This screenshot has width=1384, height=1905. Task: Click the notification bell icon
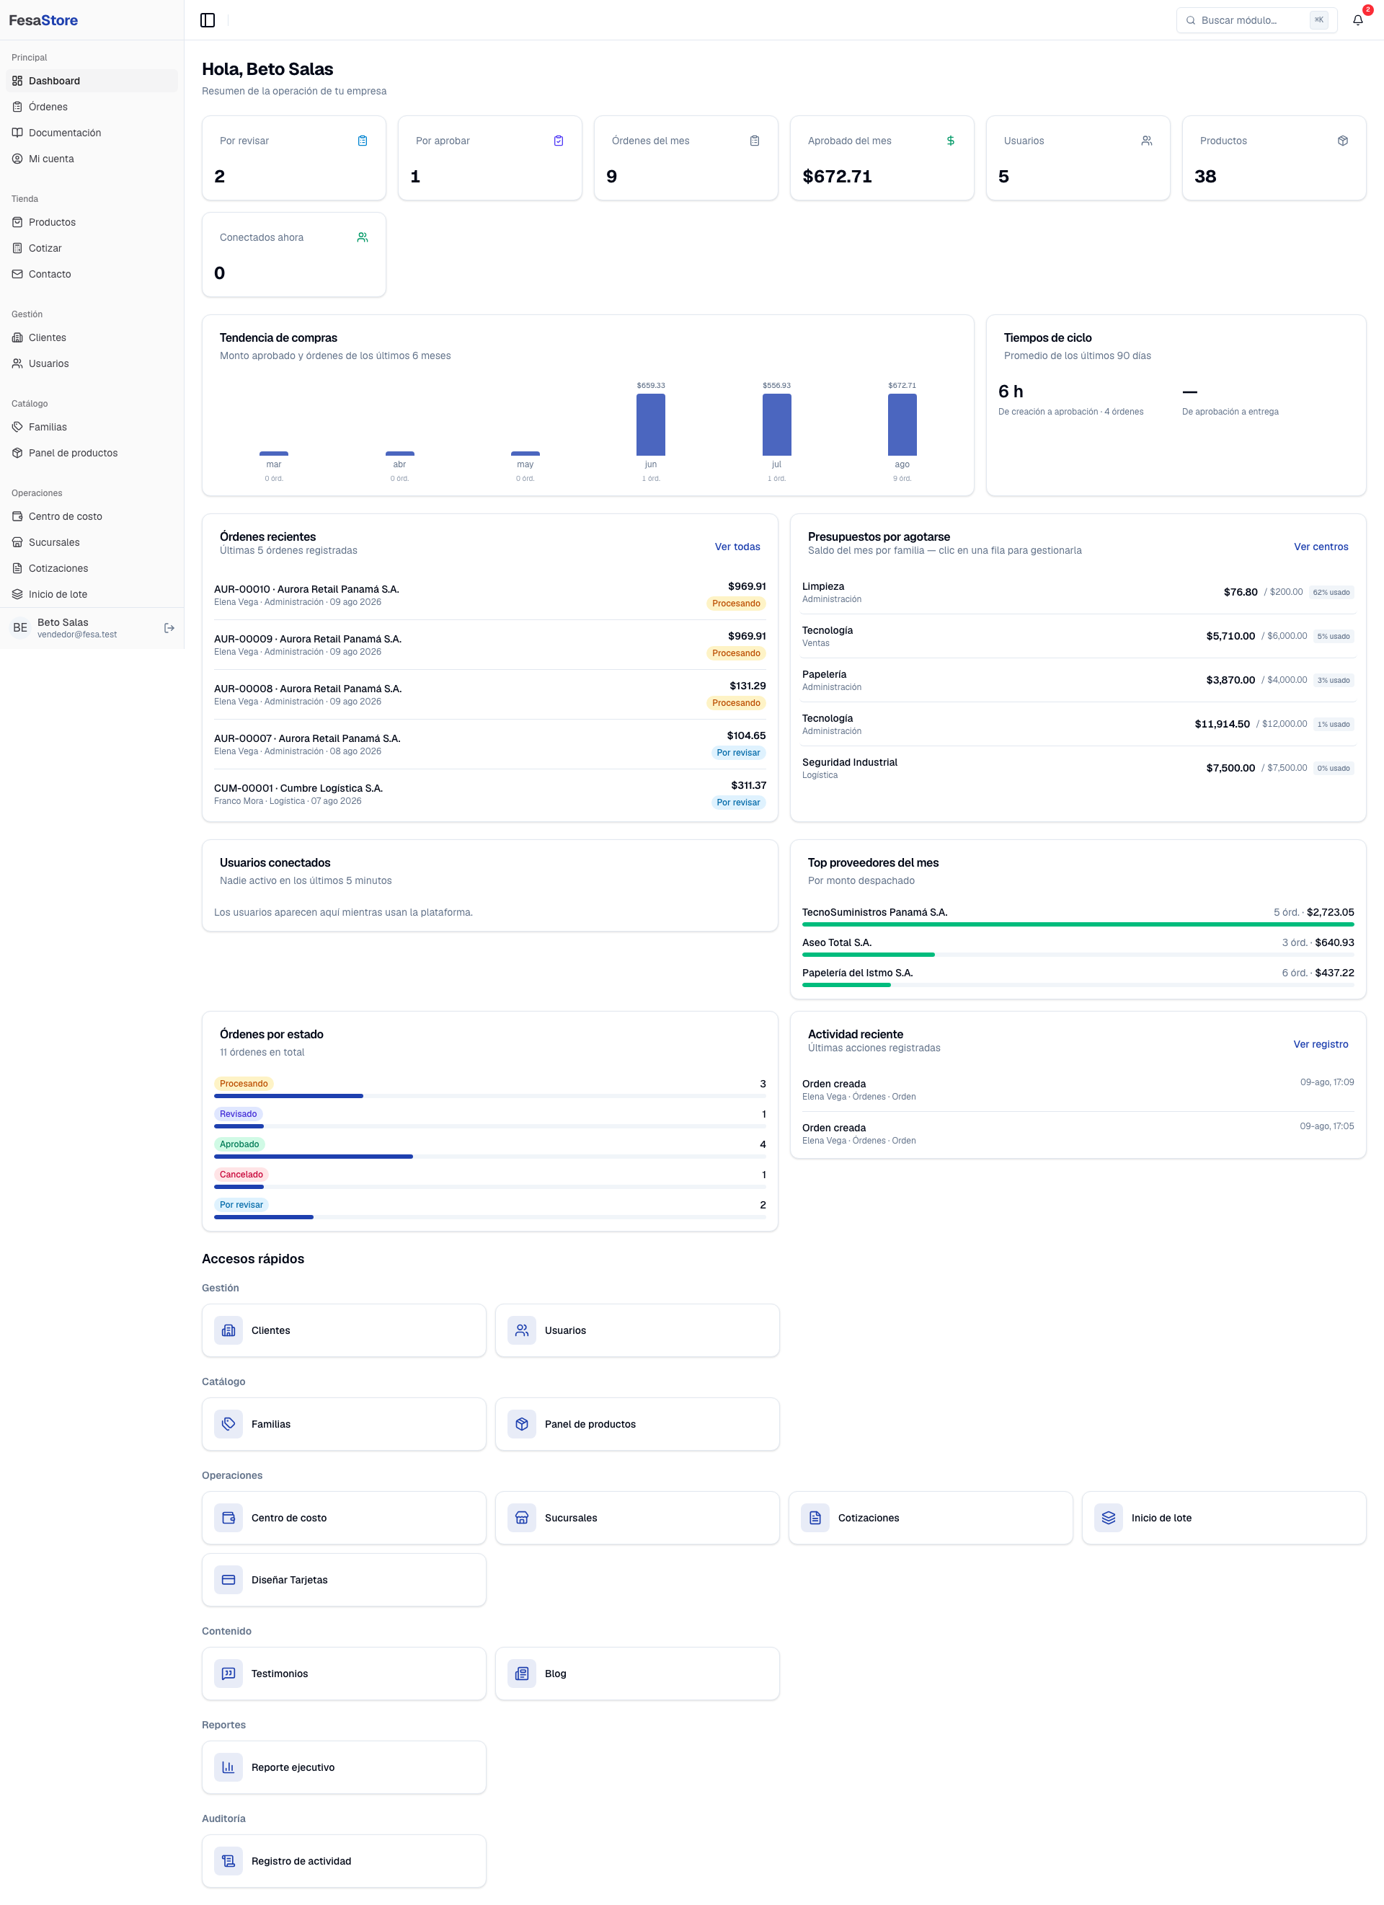coord(1357,20)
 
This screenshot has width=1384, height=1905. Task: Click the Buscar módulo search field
coord(1256,20)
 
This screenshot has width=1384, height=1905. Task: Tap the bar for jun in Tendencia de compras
coord(651,425)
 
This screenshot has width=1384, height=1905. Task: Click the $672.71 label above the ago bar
coord(902,386)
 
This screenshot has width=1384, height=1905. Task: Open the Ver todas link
coord(737,547)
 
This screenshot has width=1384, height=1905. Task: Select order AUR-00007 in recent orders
coord(489,744)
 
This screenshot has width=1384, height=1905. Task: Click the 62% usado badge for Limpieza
coord(1331,592)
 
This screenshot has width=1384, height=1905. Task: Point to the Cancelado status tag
coord(241,1175)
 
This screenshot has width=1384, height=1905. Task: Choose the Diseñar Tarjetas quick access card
coord(345,1580)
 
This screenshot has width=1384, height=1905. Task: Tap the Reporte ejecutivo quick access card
coord(345,1767)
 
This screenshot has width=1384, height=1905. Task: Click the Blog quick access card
coord(637,1673)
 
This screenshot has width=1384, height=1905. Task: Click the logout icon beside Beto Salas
coord(169,627)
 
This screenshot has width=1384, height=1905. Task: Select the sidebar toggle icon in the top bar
coord(208,20)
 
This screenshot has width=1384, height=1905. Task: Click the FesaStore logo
coord(44,20)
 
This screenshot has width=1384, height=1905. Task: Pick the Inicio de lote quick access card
coord(1223,1518)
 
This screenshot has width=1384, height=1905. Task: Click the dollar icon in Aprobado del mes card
coord(951,141)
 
